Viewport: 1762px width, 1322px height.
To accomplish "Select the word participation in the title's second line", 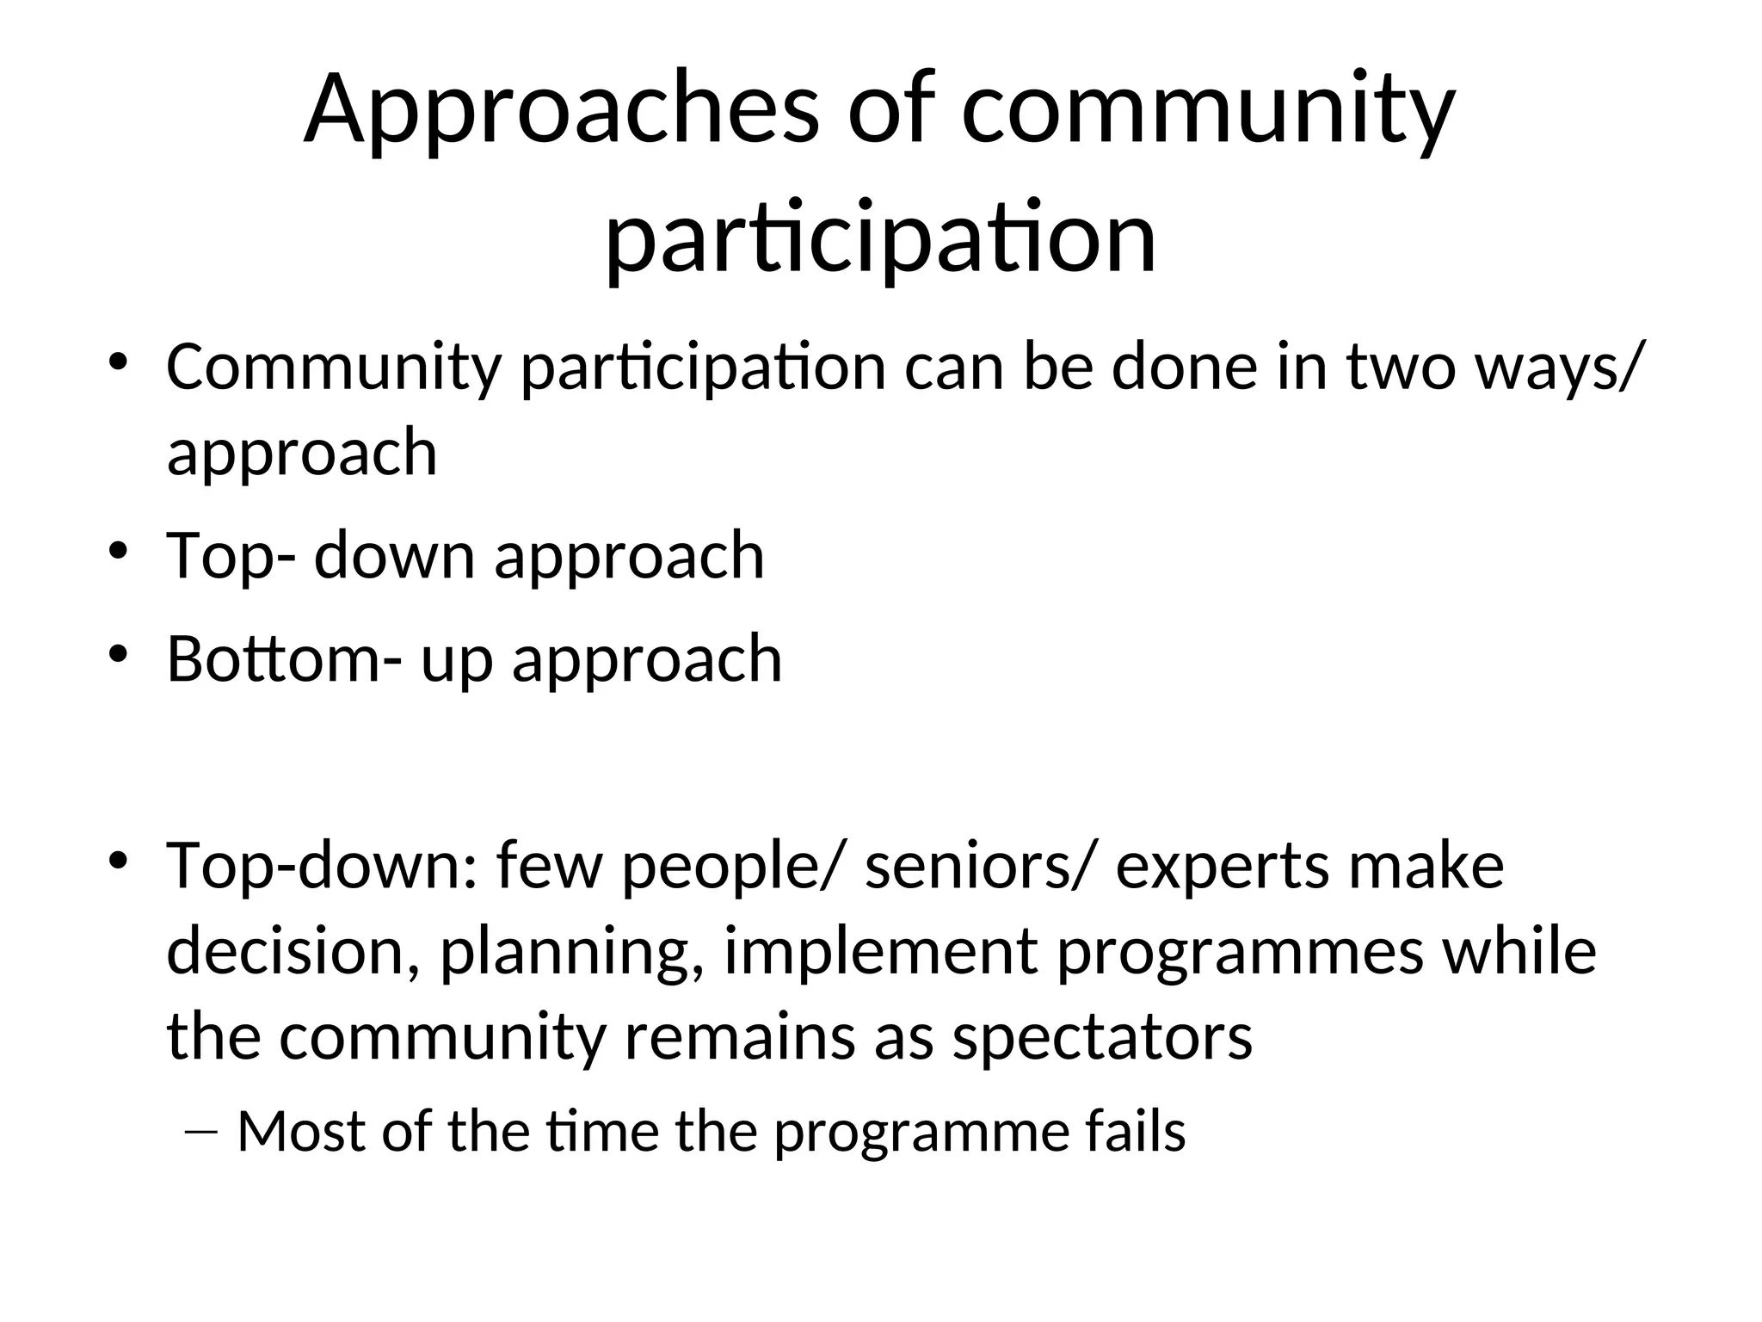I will [880, 238].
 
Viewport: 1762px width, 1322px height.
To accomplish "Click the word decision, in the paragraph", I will [293, 952].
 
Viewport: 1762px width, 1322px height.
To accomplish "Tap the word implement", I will [881, 952].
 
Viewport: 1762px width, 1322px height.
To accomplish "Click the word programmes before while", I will [1240, 952].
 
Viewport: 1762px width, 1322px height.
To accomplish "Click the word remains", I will [739, 1038].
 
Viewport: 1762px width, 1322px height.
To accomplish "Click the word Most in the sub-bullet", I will [301, 1131].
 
